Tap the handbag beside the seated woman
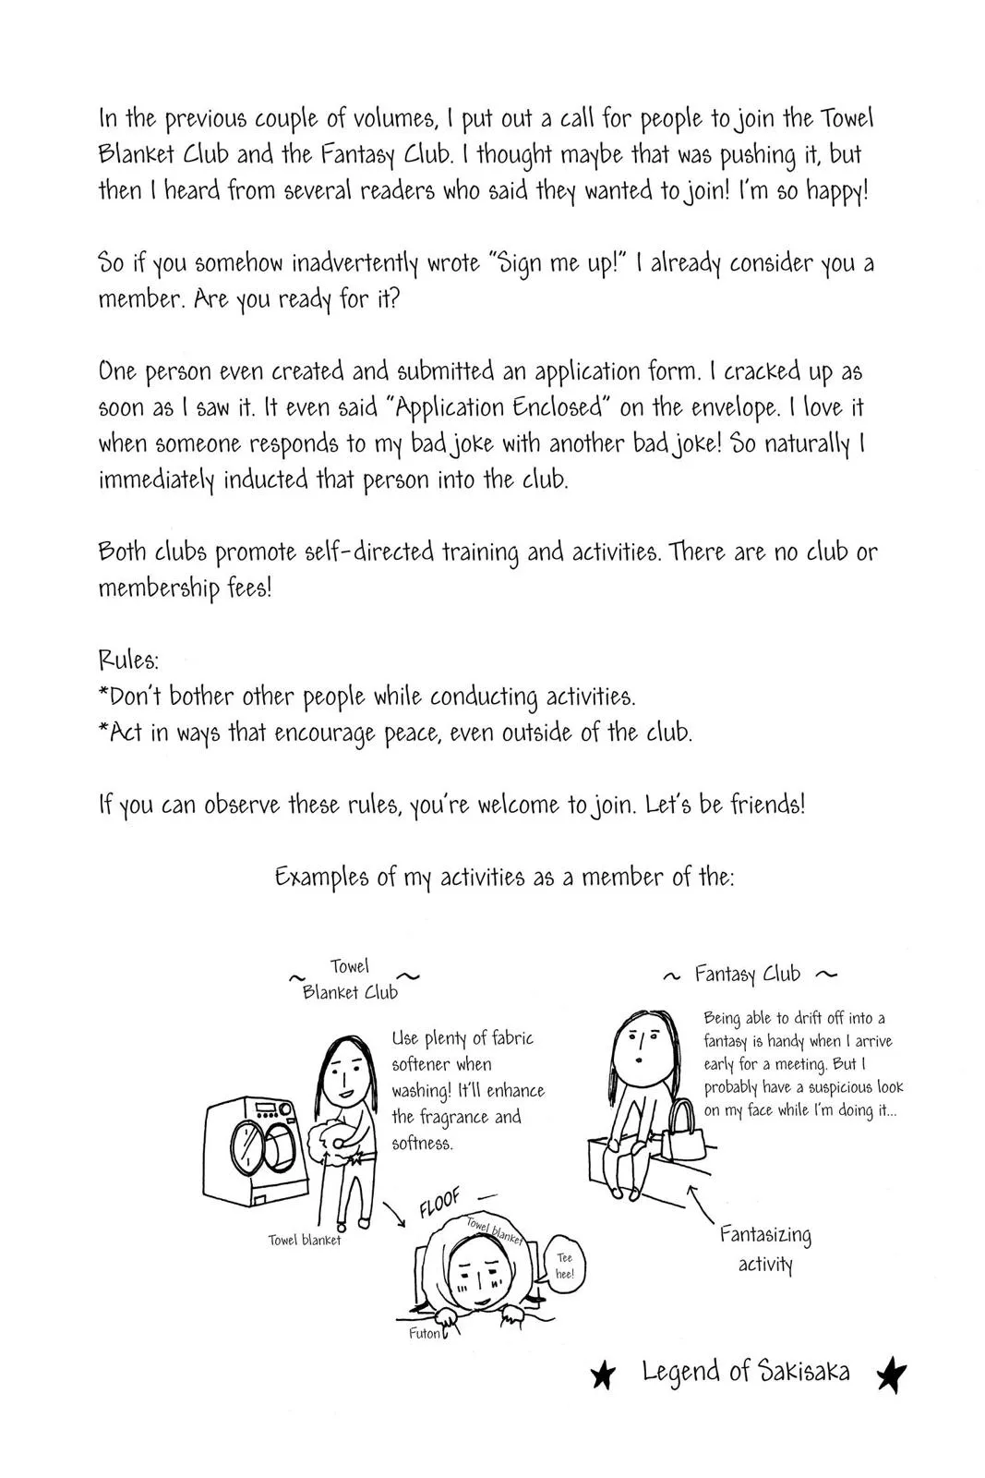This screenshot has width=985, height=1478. (x=683, y=1131)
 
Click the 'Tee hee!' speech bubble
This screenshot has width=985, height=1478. (x=564, y=1266)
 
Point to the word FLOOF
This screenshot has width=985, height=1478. (x=439, y=1204)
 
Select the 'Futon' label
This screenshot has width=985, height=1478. (x=425, y=1334)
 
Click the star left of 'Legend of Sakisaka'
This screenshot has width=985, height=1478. (x=602, y=1376)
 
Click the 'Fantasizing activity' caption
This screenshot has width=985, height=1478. (x=765, y=1249)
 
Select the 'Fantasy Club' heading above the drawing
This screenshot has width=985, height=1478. (x=748, y=975)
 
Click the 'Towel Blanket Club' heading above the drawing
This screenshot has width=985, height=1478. (x=350, y=979)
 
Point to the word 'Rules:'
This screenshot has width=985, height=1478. (x=128, y=660)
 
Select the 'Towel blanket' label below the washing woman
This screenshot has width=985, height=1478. (x=305, y=1240)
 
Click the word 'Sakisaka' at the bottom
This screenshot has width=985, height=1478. (x=804, y=1372)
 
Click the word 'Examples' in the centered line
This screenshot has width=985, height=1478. (x=322, y=877)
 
